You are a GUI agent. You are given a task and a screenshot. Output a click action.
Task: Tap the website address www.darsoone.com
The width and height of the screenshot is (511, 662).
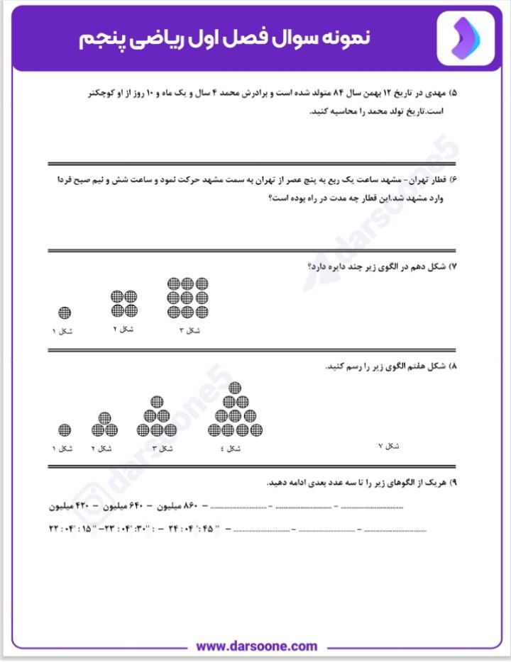pyautogui.click(x=256, y=646)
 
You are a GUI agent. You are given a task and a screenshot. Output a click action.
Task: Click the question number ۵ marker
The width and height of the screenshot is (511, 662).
pyautogui.click(x=454, y=93)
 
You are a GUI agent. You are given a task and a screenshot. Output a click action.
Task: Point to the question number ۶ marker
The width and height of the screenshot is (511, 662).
pyautogui.click(x=454, y=179)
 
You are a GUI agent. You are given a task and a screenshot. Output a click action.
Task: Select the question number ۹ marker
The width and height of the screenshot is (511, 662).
pyautogui.click(x=454, y=482)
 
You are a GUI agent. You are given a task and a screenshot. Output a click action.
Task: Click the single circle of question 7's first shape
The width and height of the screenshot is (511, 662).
pyautogui.click(x=65, y=313)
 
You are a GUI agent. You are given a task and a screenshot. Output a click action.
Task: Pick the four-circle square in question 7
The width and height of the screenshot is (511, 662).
pyautogui.click(x=124, y=303)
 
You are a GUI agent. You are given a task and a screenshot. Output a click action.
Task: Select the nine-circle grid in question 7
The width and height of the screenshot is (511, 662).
pyautogui.click(x=188, y=298)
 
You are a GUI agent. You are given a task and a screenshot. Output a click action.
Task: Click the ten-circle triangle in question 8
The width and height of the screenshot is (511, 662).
pyautogui.click(x=235, y=415)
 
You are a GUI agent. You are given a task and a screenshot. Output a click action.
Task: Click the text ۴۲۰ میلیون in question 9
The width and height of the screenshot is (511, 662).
pyautogui.click(x=72, y=507)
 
